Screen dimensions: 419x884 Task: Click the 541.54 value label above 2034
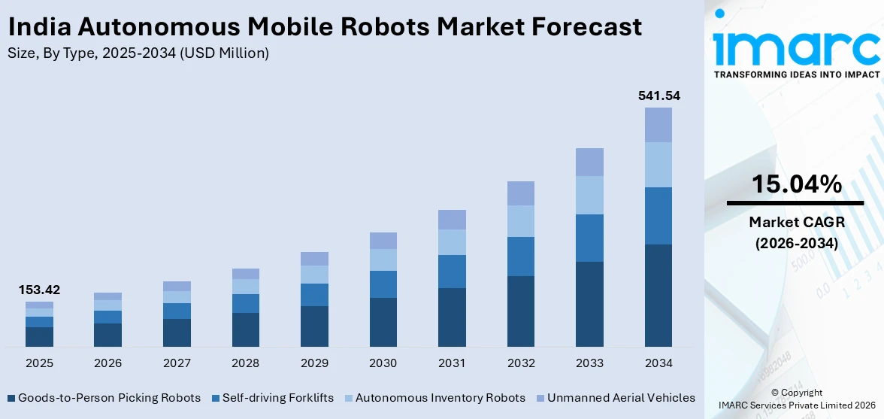point(658,96)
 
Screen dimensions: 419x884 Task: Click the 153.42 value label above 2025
point(39,290)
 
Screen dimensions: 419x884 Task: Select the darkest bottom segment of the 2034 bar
point(658,295)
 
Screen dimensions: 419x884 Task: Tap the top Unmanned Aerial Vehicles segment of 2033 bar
point(589,162)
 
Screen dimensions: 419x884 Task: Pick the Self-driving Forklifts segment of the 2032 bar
point(521,257)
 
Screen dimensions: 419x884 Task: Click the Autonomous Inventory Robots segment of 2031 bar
point(452,242)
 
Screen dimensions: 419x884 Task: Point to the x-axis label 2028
point(245,363)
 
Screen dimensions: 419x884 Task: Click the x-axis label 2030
point(383,363)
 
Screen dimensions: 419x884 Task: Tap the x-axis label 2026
point(107,363)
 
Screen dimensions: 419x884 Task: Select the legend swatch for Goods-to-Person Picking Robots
point(11,398)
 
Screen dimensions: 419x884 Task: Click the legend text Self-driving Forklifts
point(279,398)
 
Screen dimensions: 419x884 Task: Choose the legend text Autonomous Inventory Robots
point(440,398)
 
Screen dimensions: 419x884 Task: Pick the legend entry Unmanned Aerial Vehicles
point(621,398)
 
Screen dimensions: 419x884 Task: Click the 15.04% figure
point(796,184)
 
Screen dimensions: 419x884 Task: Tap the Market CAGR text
point(796,222)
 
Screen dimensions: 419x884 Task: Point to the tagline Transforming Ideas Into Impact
point(796,74)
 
